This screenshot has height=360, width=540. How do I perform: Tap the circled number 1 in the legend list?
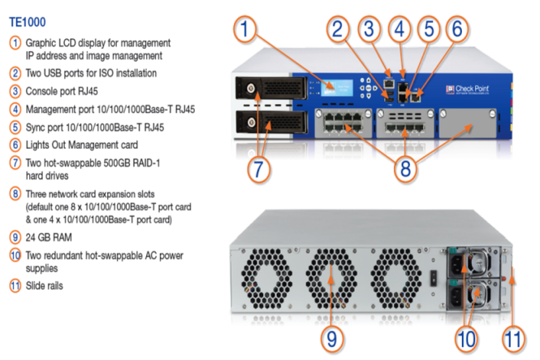click(15, 41)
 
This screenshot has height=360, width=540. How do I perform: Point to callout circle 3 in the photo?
click(370, 31)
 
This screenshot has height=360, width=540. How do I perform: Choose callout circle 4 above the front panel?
click(400, 31)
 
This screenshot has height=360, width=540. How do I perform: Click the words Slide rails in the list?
click(45, 285)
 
